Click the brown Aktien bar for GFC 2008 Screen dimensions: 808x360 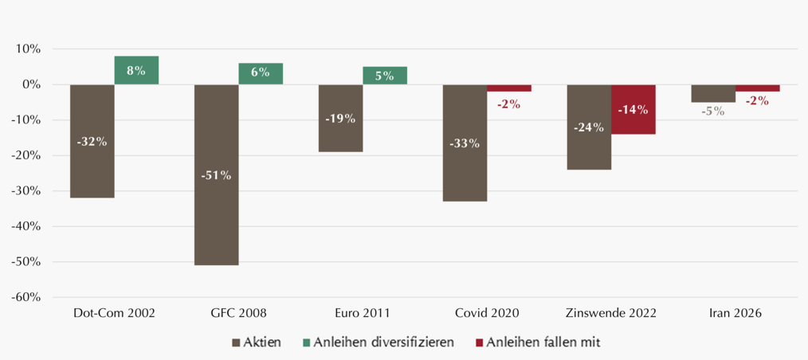[x=217, y=174]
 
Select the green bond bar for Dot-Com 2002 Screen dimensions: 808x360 [x=136, y=70]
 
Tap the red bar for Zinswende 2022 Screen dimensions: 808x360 [x=633, y=109]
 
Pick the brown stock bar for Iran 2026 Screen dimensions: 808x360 [x=713, y=93]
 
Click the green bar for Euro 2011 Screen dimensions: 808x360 [x=385, y=76]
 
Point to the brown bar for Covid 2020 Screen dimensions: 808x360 [x=465, y=143]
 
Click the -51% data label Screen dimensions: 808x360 [x=217, y=175]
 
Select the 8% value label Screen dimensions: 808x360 [x=136, y=71]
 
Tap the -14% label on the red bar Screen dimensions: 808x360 [x=633, y=110]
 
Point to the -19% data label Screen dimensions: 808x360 [x=340, y=119]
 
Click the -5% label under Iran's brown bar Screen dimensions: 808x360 [x=713, y=111]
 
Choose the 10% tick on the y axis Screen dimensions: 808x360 [x=29, y=49]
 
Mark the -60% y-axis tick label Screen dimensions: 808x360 [x=27, y=298]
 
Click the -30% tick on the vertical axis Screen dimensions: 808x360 [x=27, y=191]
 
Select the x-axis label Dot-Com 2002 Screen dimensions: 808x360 [x=114, y=313]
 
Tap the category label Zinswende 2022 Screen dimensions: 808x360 [x=611, y=313]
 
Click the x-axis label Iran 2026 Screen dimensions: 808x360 [x=735, y=313]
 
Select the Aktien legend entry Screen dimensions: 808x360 [x=257, y=342]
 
